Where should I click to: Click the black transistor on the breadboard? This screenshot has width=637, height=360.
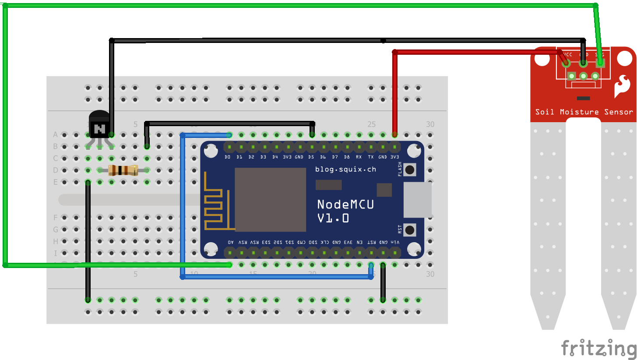100,124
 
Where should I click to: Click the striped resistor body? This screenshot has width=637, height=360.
123,170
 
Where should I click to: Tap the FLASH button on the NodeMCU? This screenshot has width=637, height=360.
410,169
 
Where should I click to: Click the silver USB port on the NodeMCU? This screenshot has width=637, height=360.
417,200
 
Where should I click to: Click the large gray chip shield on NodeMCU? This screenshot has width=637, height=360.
270,200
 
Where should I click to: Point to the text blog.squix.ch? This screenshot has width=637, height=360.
345,169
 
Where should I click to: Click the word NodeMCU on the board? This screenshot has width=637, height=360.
345,204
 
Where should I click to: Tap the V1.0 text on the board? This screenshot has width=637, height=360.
333,218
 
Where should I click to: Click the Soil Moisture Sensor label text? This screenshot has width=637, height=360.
584,112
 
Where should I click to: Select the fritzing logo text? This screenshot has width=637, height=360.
598,348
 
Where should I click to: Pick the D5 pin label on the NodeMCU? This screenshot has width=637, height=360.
311,157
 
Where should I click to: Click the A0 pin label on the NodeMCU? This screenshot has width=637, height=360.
230,242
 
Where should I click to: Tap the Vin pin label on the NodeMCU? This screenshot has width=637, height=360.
395,242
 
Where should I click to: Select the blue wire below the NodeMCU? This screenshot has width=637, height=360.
276,277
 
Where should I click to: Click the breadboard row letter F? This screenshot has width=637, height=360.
56,217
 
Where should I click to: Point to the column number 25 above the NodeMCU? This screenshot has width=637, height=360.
371,124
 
